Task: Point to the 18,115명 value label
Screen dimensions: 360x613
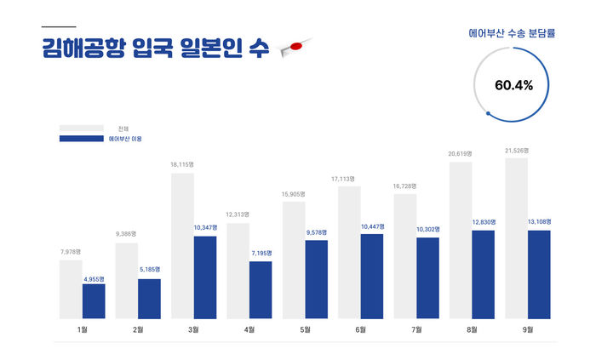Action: point(183,165)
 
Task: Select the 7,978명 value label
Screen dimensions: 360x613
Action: point(72,251)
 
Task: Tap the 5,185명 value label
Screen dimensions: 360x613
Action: point(150,270)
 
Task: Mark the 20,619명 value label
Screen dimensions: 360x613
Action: point(460,153)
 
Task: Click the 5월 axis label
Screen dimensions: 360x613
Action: point(305,329)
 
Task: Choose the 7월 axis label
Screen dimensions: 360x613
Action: point(416,329)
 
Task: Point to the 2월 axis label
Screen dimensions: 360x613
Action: point(138,329)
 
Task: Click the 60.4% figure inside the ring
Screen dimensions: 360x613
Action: point(513,85)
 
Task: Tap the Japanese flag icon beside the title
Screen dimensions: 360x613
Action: point(287,49)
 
